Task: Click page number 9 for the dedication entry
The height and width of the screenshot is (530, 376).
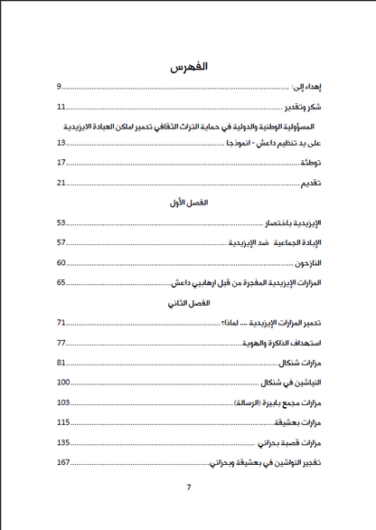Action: pyautogui.click(x=60, y=87)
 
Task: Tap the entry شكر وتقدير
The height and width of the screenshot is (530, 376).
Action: pyautogui.click(x=300, y=107)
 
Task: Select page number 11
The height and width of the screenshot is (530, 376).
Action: pyautogui.click(x=61, y=107)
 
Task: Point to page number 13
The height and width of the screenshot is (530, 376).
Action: pyautogui.click(x=61, y=143)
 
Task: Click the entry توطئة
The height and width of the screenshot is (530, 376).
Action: pyautogui.click(x=311, y=163)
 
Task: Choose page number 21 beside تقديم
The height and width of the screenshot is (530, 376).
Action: pyautogui.click(x=61, y=183)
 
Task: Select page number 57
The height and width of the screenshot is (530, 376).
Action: pyautogui.click(x=61, y=242)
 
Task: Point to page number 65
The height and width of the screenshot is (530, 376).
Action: pyautogui.click(x=61, y=283)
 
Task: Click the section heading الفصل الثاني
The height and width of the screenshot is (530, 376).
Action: pyautogui.click(x=189, y=303)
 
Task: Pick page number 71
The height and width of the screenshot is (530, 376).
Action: pyautogui.click(x=61, y=323)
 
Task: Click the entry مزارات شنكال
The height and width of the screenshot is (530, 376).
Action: pyautogui.click(x=299, y=363)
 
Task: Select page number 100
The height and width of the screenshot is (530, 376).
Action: pyautogui.click(x=63, y=383)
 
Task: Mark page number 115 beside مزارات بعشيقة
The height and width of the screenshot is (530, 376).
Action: pyautogui.click(x=63, y=422)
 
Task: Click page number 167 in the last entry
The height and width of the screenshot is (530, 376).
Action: pyautogui.click(x=63, y=463)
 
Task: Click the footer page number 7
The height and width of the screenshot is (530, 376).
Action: pyautogui.click(x=189, y=488)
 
